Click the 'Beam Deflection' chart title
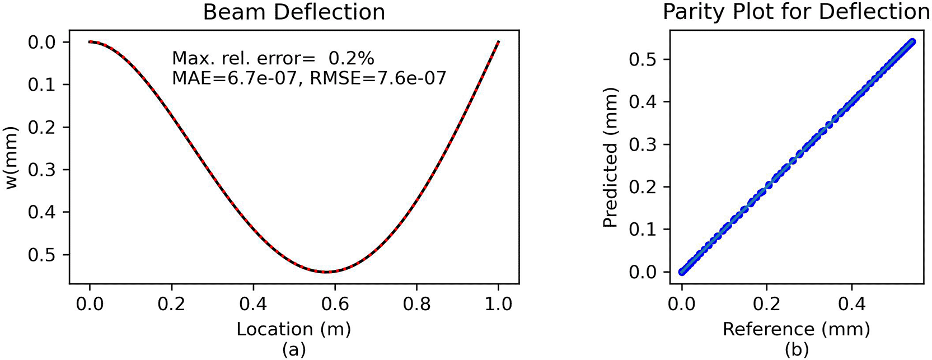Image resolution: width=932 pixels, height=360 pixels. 294,12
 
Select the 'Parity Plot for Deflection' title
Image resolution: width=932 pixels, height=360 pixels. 797,12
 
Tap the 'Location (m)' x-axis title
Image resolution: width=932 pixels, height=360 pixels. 294,329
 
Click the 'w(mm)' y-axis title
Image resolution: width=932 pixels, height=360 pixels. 12,158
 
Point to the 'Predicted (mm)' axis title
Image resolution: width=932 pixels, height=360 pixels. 610,161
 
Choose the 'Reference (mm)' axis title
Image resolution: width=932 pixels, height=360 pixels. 797,329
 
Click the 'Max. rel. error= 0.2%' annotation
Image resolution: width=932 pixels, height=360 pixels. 273,58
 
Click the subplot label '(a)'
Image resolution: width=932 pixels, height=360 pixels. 294,350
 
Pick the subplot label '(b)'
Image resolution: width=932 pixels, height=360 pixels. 797,350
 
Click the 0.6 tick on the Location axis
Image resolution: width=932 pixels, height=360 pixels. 335,304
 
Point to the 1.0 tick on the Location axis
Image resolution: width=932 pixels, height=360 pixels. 498,304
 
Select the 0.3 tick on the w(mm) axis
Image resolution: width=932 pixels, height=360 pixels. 41,170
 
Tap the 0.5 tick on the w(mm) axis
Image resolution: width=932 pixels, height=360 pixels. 41,255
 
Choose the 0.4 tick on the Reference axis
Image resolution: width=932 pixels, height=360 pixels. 851,304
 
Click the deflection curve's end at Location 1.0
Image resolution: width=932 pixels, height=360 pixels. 498,41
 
